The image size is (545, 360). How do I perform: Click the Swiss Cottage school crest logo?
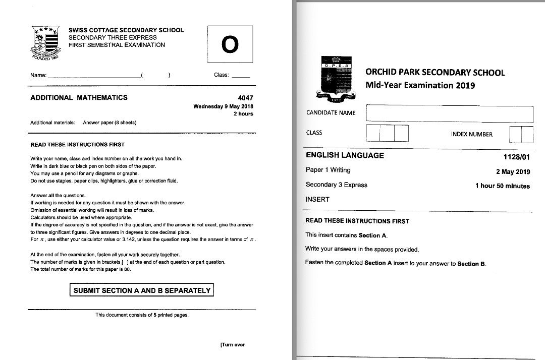46,42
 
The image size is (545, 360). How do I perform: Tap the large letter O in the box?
230,44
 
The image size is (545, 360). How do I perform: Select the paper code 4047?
245,98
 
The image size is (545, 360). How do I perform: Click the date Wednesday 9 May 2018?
223,106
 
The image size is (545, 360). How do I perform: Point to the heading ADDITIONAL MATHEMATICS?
79,98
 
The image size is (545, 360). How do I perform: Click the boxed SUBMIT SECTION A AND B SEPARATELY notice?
142,290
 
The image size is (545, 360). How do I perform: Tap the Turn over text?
232,345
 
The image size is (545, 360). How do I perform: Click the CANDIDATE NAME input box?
449,113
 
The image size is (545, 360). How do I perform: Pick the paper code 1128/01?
517,157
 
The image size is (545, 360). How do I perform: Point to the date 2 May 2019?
513,171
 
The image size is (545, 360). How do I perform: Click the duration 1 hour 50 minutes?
502,186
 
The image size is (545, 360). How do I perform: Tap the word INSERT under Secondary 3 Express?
317,199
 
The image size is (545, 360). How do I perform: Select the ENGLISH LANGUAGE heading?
345,155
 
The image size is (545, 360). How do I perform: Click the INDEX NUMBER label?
471,134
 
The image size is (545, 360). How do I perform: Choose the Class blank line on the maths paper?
241,77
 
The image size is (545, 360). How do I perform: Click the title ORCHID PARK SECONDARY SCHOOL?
434,72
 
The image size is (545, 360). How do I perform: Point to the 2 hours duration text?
243,114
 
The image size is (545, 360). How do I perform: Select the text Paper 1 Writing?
328,170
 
